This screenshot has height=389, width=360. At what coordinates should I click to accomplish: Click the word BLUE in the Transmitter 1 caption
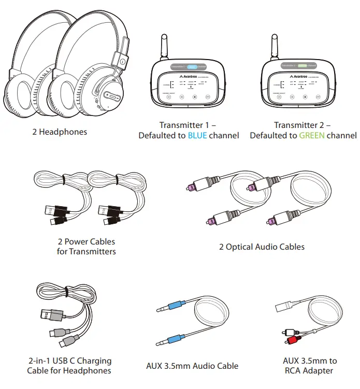pos(197,136)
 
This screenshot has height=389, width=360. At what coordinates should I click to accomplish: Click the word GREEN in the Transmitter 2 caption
pos(310,136)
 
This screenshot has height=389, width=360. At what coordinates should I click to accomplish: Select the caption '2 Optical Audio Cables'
pos(262,247)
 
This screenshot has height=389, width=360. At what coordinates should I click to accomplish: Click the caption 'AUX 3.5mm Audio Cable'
pos(193,366)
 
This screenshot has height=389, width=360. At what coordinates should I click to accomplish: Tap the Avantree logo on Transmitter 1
pos(195,76)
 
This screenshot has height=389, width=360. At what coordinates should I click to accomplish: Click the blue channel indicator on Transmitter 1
pos(192,67)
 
